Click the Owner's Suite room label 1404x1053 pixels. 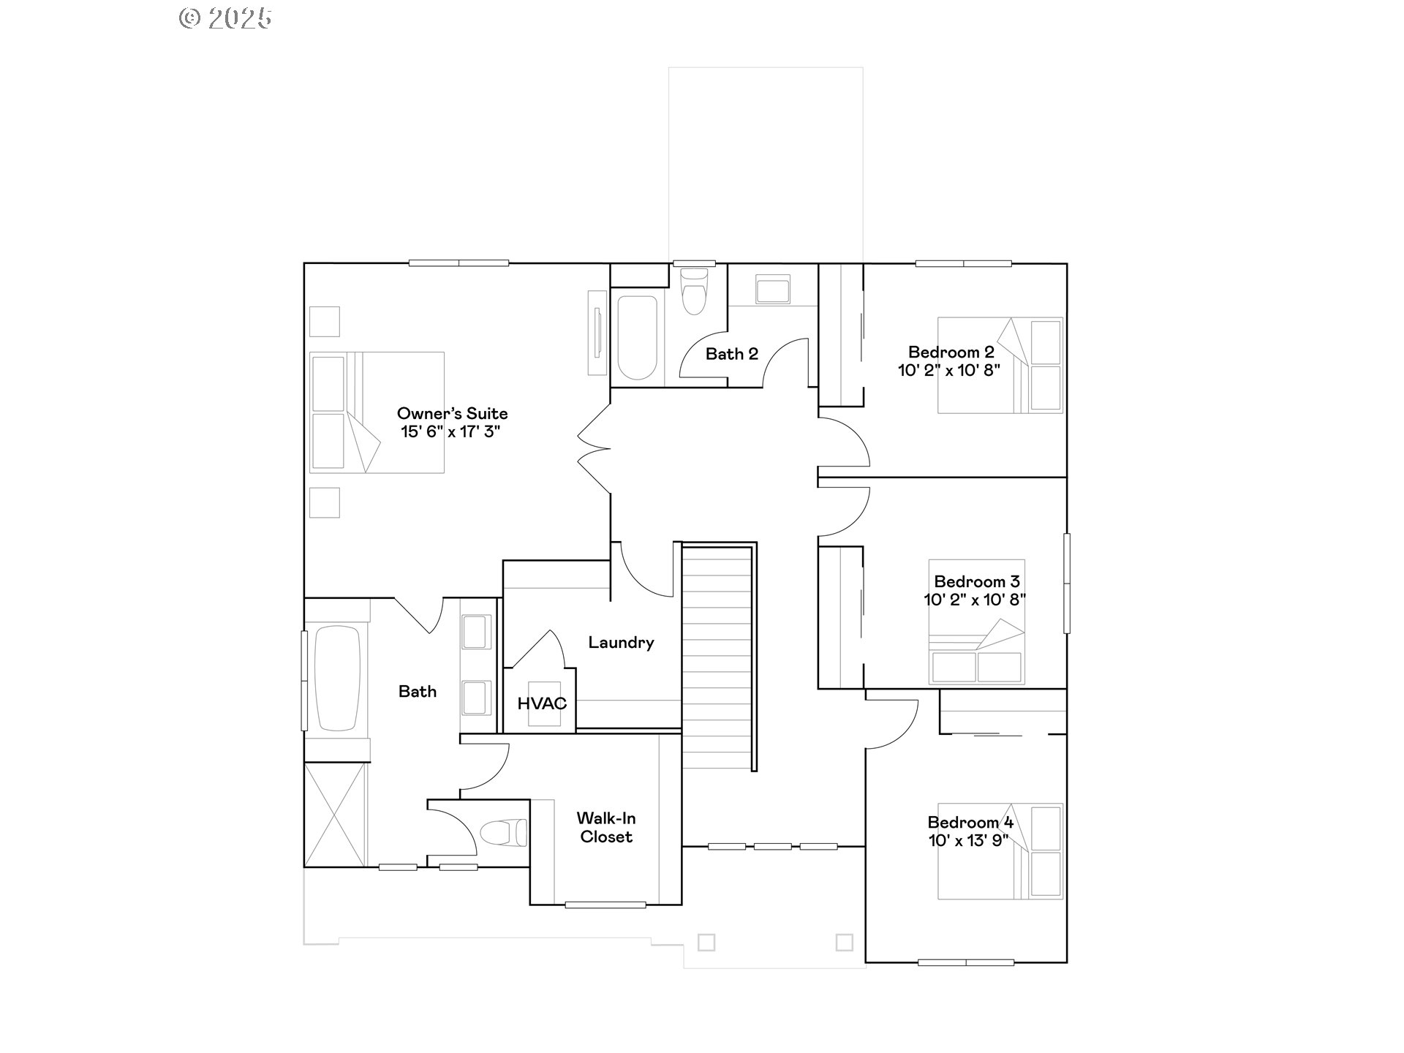pos(452,413)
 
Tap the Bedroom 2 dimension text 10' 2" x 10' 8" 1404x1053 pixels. pos(949,370)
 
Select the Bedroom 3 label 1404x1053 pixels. pos(977,581)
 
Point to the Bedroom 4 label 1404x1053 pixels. pos(970,822)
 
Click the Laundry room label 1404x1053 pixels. pos(621,643)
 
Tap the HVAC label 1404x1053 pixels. pos(542,703)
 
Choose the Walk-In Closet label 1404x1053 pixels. pos(606,828)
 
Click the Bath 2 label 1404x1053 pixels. pos(732,354)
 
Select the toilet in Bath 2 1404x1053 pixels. pos(694,290)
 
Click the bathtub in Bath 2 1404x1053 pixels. pos(637,337)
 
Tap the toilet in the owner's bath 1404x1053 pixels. pos(504,832)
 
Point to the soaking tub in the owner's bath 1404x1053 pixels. pos(337,678)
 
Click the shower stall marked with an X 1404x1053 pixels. pos(336,815)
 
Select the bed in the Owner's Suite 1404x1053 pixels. pos(377,412)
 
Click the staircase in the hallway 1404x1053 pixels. pos(718,656)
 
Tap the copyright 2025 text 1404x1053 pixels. pos(225,18)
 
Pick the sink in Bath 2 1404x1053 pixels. pos(772,290)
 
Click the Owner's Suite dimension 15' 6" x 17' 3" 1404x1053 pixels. pos(450,431)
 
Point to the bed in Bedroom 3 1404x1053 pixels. pos(976,622)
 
